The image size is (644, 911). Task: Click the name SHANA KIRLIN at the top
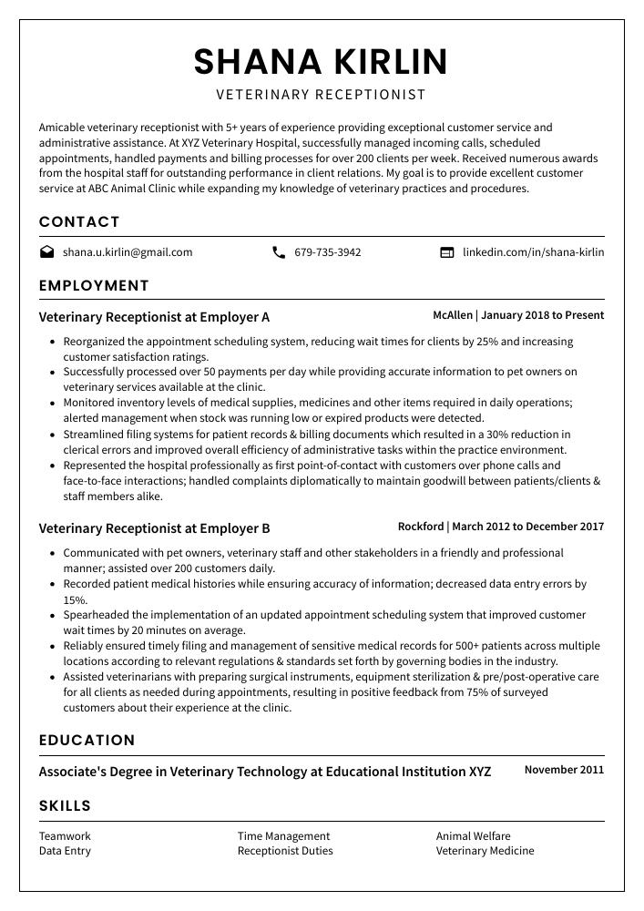[x=321, y=62]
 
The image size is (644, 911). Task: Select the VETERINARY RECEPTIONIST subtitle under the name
[x=321, y=95]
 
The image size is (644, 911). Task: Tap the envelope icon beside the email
[x=46, y=252]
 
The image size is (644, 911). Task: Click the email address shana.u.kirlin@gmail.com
[x=128, y=252]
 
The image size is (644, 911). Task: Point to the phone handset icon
[x=279, y=252]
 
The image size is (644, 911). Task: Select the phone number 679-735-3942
[x=327, y=252]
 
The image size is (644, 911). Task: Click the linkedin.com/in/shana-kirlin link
[x=533, y=252]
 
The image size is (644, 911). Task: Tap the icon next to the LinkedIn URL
[x=446, y=252]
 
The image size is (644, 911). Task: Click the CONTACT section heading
[x=79, y=222]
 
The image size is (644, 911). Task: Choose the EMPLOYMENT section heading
[x=94, y=286]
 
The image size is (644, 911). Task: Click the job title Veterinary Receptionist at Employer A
[x=154, y=318]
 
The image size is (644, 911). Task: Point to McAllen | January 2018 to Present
[x=517, y=315]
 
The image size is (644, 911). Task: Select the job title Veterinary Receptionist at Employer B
[x=154, y=528]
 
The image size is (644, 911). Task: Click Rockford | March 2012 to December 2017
[x=500, y=527]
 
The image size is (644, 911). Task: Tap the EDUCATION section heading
[x=87, y=741]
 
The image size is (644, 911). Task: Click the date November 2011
[x=564, y=770]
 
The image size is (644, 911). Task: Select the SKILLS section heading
[x=65, y=806]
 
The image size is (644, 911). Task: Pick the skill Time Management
[x=283, y=836]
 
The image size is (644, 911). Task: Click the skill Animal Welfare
[x=473, y=836]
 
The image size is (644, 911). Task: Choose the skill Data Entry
[x=65, y=851]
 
